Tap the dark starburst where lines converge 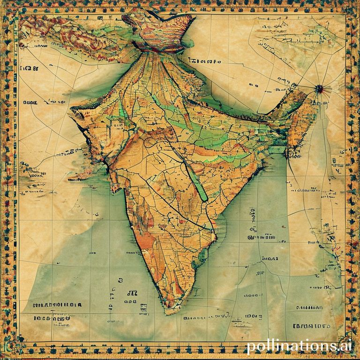(x=320, y=88)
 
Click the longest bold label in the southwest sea (x=57, y=305)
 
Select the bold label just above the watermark (x=311, y=325)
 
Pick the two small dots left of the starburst (x=254, y=86)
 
